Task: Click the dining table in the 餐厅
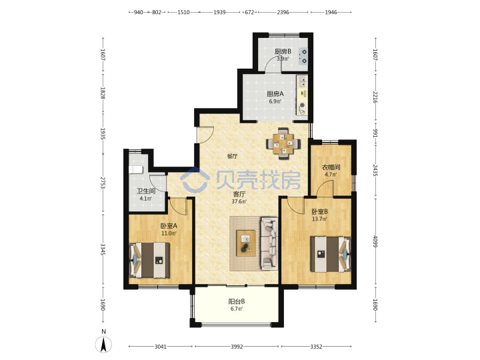pos(283,143)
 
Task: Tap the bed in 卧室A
pos(150,260)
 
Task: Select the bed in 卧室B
pos(330,254)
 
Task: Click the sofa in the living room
pos(269,244)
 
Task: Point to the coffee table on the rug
pos(246,243)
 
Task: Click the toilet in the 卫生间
pos(136,169)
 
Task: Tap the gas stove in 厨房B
pos(303,56)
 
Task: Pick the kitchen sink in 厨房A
pos(302,81)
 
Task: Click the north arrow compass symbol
pos(104,345)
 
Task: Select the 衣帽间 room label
pos(331,167)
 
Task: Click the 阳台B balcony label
pos(236,301)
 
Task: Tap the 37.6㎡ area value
pos(239,201)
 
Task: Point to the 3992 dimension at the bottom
pos(237,347)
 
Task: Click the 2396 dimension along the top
pos(283,12)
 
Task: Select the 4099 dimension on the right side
pos(375,241)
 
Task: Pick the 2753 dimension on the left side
pos(103,183)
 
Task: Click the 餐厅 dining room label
pos(232,156)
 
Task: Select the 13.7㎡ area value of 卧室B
pos(319,219)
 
